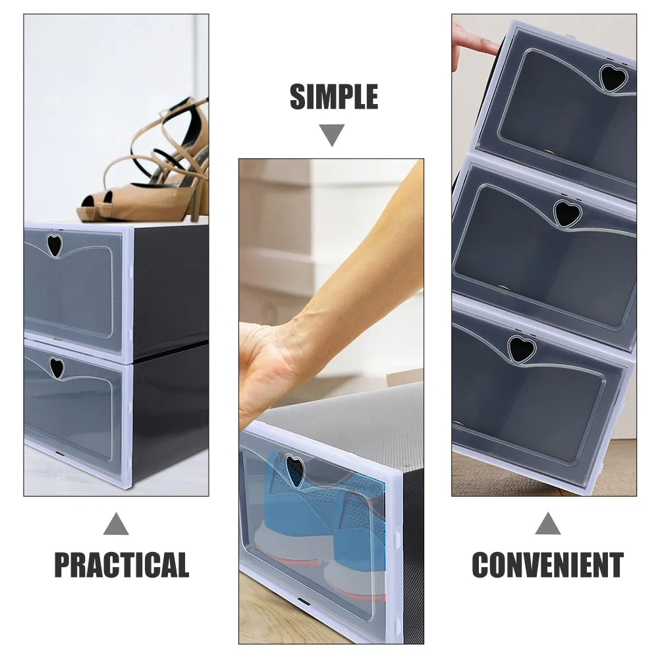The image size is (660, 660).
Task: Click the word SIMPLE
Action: [x=333, y=97]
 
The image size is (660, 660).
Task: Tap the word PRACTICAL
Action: [x=121, y=565]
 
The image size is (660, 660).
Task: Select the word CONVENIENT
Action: [x=547, y=565]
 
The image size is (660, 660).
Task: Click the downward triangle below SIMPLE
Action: [x=333, y=135]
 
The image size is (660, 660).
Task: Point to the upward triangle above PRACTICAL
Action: [x=116, y=524]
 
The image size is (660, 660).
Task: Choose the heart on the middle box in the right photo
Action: [x=566, y=212]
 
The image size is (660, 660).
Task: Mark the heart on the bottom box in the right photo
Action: [x=520, y=348]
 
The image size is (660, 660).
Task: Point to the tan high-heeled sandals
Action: [x=151, y=171]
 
